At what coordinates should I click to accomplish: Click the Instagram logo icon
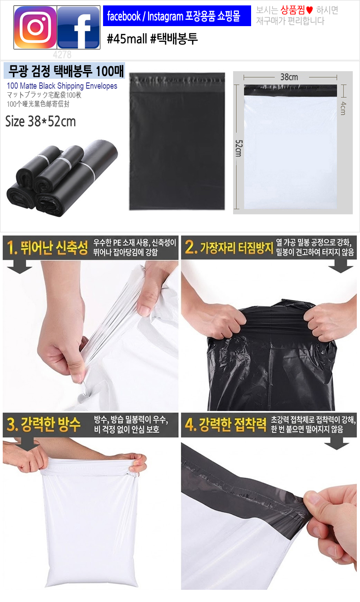click(35, 27)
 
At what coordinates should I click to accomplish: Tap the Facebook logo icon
click(78, 27)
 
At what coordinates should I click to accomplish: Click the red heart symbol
click(310, 10)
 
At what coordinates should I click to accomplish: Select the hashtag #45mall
click(127, 39)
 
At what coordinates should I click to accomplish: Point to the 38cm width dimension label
click(289, 77)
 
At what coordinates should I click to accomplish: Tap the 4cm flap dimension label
click(343, 109)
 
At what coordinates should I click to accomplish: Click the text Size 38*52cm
click(40, 121)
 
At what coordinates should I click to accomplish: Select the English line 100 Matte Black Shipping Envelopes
click(62, 86)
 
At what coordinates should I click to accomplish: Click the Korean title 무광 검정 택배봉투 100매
click(66, 71)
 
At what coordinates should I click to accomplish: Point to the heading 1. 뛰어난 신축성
click(48, 247)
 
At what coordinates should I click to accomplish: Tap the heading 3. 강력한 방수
click(44, 424)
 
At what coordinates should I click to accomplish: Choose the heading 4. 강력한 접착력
click(225, 424)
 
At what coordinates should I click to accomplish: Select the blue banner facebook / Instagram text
click(174, 16)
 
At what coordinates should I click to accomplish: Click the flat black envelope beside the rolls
click(177, 141)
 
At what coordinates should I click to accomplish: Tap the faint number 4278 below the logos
click(62, 54)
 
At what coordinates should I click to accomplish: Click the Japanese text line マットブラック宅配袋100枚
click(44, 95)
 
